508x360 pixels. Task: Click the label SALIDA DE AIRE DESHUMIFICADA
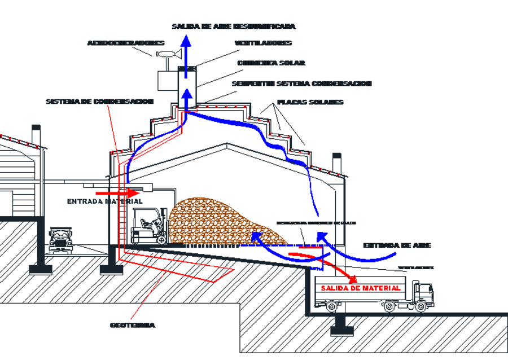pyautogui.click(x=233, y=26)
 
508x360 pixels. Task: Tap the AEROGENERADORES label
pyautogui.click(x=126, y=43)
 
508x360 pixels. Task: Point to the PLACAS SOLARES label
pyautogui.click(x=310, y=102)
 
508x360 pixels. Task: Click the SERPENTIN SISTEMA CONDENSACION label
pyautogui.click(x=301, y=84)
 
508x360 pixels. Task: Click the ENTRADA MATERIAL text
pyautogui.click(x=104, y=201)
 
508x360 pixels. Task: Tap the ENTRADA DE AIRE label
pyautogui.click(x=397, y=245)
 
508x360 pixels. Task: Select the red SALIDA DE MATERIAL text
pyautogui.click(x=361, y=288)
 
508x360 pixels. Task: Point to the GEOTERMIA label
pyautogui.click(x=132, y=325)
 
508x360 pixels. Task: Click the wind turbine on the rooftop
pyautogui.click(x=167, y=55)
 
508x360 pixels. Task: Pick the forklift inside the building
pyautogui.click(x=148, y=225)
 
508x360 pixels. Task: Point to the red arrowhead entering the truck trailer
pyautogui.click(x=353, y=279)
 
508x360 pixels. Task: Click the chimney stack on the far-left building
pyautogui.click(x=36, y=135)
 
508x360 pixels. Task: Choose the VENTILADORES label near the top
pyautogui.click(x=263, y=43)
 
